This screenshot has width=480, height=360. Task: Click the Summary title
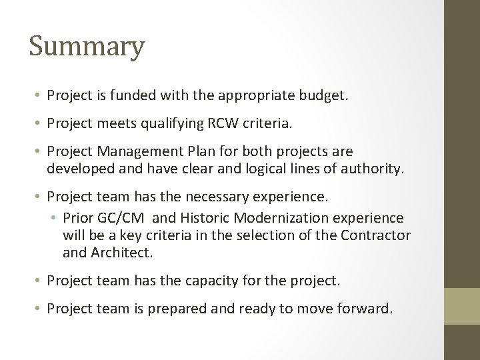[x=87, y=47]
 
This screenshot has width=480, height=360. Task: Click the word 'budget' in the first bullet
[x=321, y=95]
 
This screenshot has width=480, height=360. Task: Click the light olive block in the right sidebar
[x=461, y=305]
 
